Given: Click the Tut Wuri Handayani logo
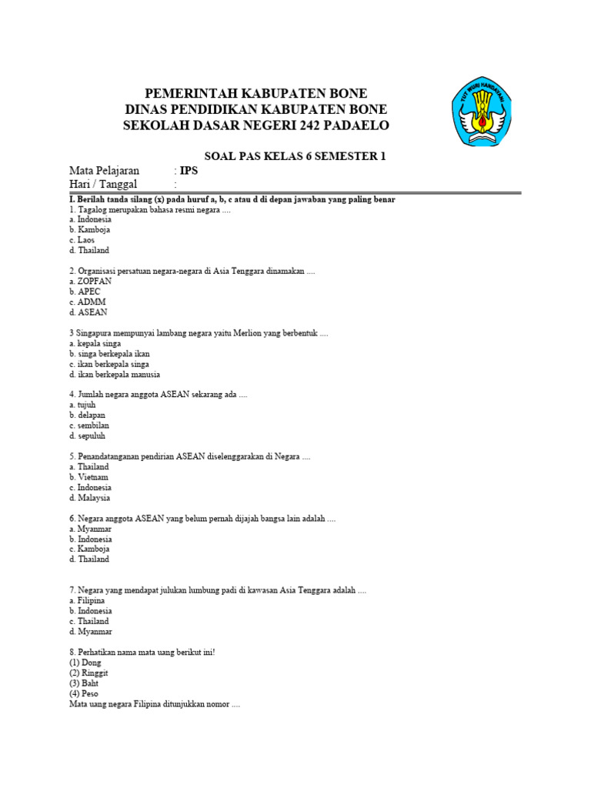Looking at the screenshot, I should pyautogui.click(x=483, y=113).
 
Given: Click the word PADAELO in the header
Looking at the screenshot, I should pyautogui.click(x=353, y=125).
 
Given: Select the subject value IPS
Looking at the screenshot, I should pyautogui.click(x=189, y=171).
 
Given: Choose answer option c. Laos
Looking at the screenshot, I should pyautogui.click(x=81, y=240).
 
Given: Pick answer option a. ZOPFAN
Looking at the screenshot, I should pyautogui.click(x=90, y=282).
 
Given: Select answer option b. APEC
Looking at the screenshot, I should pyautogui.click(x=85, y=292).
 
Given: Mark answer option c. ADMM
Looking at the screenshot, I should pyautogui.click(x=87, y=302).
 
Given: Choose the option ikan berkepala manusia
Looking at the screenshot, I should pyautogui.click(x=114, y=375).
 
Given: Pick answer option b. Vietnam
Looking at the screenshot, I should pyautogui.click(x=88, y=477).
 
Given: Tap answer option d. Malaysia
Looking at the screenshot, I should pyautogui.click(x=89, y=498).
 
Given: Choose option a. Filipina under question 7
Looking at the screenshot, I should pyautogui.click(x=87, y=600).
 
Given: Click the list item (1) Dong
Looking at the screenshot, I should pyautogui.click(x=85, y=663).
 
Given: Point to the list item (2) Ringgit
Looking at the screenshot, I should pyautogui.click(x=88, y=673).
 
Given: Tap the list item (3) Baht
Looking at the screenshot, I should pyautogui.click(x=84, y=683).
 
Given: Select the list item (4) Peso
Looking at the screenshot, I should pyautogui.click(x=84, y=693).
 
